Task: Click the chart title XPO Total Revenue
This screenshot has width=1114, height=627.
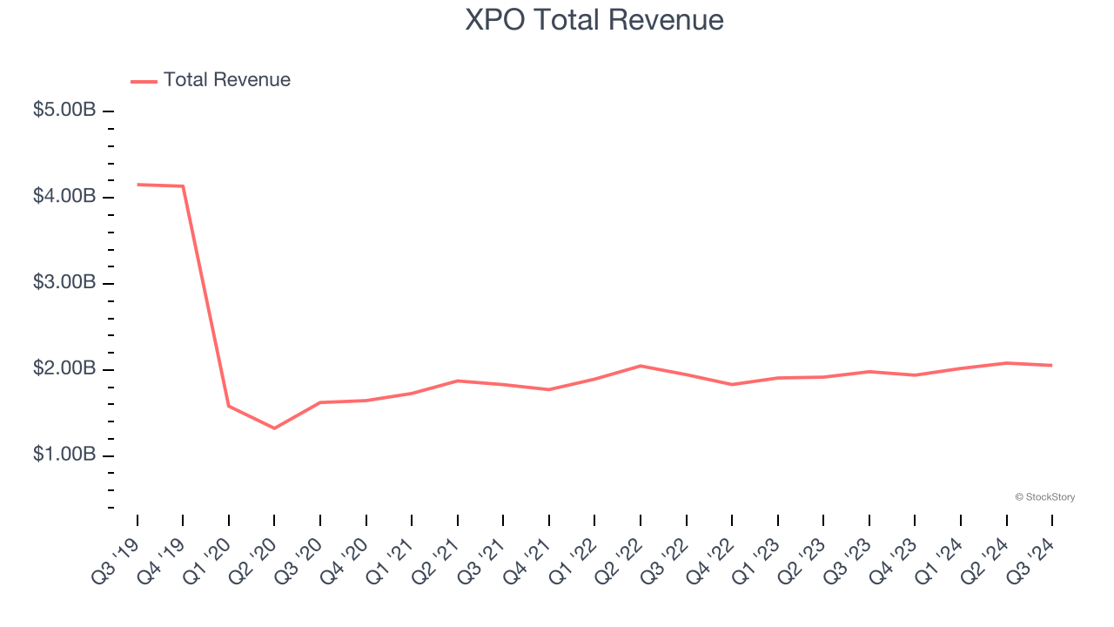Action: [594, 20]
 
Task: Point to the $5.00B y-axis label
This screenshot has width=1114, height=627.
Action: [64, 111]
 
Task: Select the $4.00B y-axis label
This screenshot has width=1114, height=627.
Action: [64, 198]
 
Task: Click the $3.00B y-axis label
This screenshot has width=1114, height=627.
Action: [64, 284]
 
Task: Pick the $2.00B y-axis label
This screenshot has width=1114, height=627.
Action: [64, 370]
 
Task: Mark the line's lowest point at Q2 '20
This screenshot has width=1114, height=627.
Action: [274, 428]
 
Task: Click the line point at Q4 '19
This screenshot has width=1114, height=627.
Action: [183, 186]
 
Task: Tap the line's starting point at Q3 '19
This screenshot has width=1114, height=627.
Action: [138, 185]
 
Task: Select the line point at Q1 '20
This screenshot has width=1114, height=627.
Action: [229, 406]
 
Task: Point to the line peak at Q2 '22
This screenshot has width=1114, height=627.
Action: [641, 366]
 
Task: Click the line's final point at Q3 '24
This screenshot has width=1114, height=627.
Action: [1052, 365]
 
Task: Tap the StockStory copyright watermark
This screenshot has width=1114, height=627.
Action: [1044, 497]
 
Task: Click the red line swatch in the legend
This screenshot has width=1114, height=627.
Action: [144, 81]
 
